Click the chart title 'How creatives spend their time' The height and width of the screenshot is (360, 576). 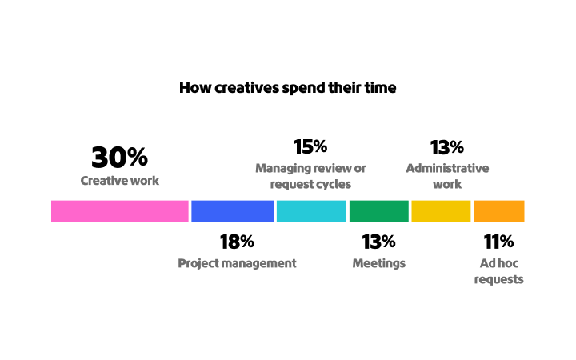point(287,88)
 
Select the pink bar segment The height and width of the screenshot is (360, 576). point(120,210)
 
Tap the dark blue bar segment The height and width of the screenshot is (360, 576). point(233,210)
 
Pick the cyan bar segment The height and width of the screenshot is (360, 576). point(311,210)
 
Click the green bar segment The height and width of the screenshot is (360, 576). point(378,210)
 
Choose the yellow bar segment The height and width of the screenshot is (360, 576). point(441,210)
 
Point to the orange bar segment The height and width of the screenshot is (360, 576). point(498,210)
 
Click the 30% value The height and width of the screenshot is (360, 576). point(119,157)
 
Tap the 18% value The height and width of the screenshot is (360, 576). point(237,242)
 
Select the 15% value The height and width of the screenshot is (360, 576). point(310,147)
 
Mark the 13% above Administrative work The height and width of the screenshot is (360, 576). point(446,147)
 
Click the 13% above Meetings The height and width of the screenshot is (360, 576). point(378,242)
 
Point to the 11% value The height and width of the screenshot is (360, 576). point(498,242)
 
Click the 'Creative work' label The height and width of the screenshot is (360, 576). point(120,181)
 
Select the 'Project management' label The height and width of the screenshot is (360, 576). point(237,263)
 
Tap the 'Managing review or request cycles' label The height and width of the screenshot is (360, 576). point(310,176)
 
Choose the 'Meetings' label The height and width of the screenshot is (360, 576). point(378,263)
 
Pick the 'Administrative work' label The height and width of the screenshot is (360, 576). point(446,176)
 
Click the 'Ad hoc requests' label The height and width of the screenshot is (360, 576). point(498,271)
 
